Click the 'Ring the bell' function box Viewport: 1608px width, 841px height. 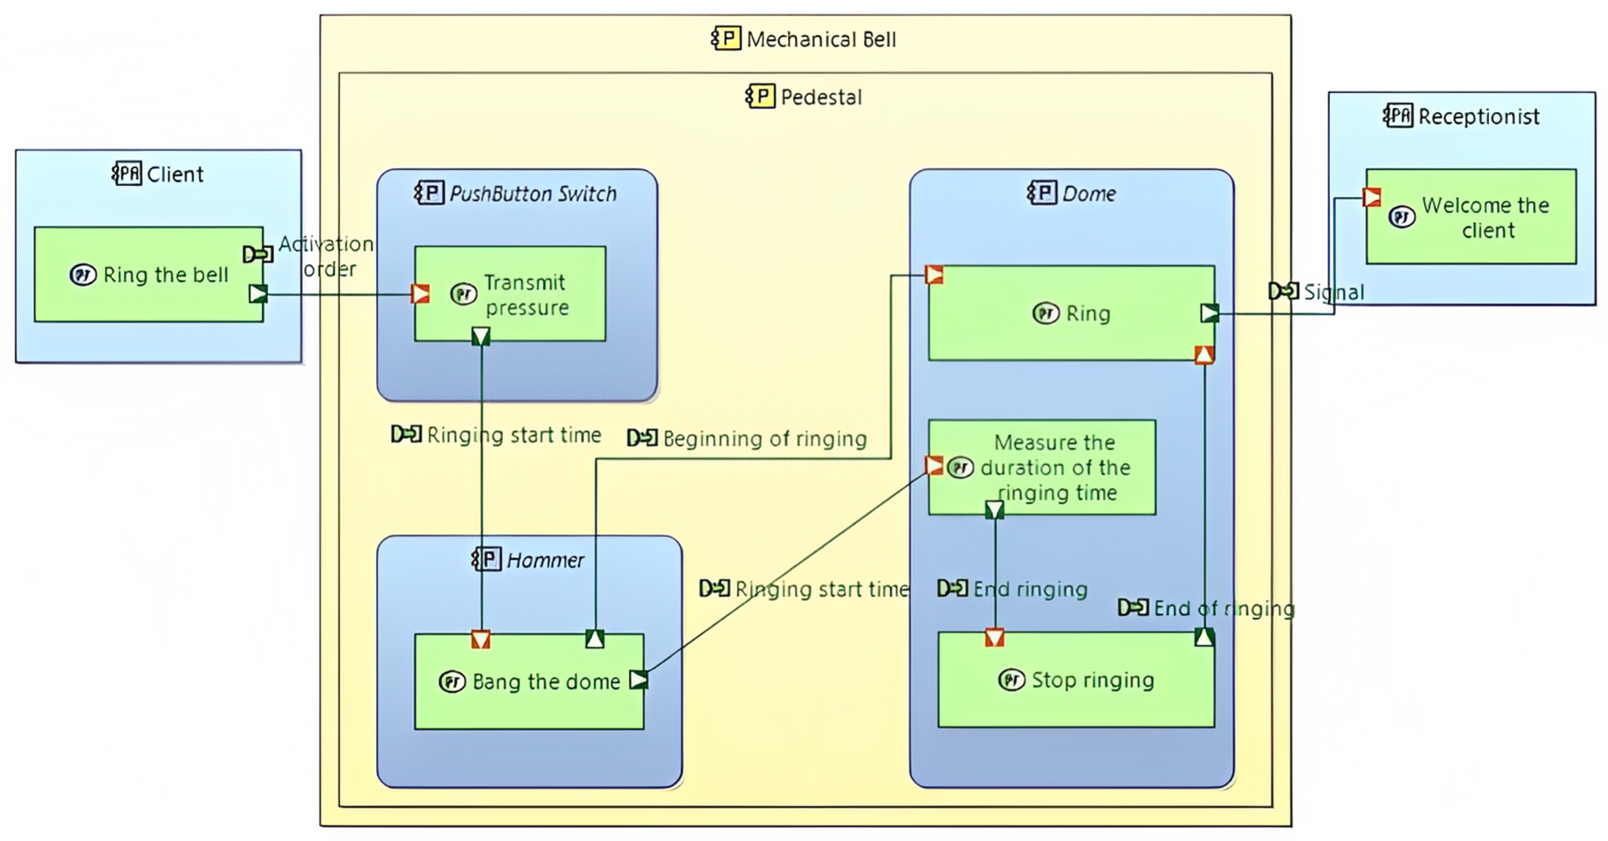(148, 275)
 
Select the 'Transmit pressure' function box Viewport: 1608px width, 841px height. (510, 294)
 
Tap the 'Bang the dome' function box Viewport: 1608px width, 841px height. (529, 681)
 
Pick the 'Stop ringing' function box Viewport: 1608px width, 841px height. (1076, 680)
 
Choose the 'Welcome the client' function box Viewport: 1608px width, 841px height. (1471, 217)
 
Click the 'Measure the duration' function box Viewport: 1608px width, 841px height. (1042, 467)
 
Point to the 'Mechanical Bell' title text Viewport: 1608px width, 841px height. (821, 40)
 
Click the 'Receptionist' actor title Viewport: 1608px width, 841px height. (1478, 117)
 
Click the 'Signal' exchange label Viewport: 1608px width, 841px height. (1334, 292)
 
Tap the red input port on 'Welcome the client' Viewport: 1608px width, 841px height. (1371, 197)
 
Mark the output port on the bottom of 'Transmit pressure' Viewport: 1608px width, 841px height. (480, 336)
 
